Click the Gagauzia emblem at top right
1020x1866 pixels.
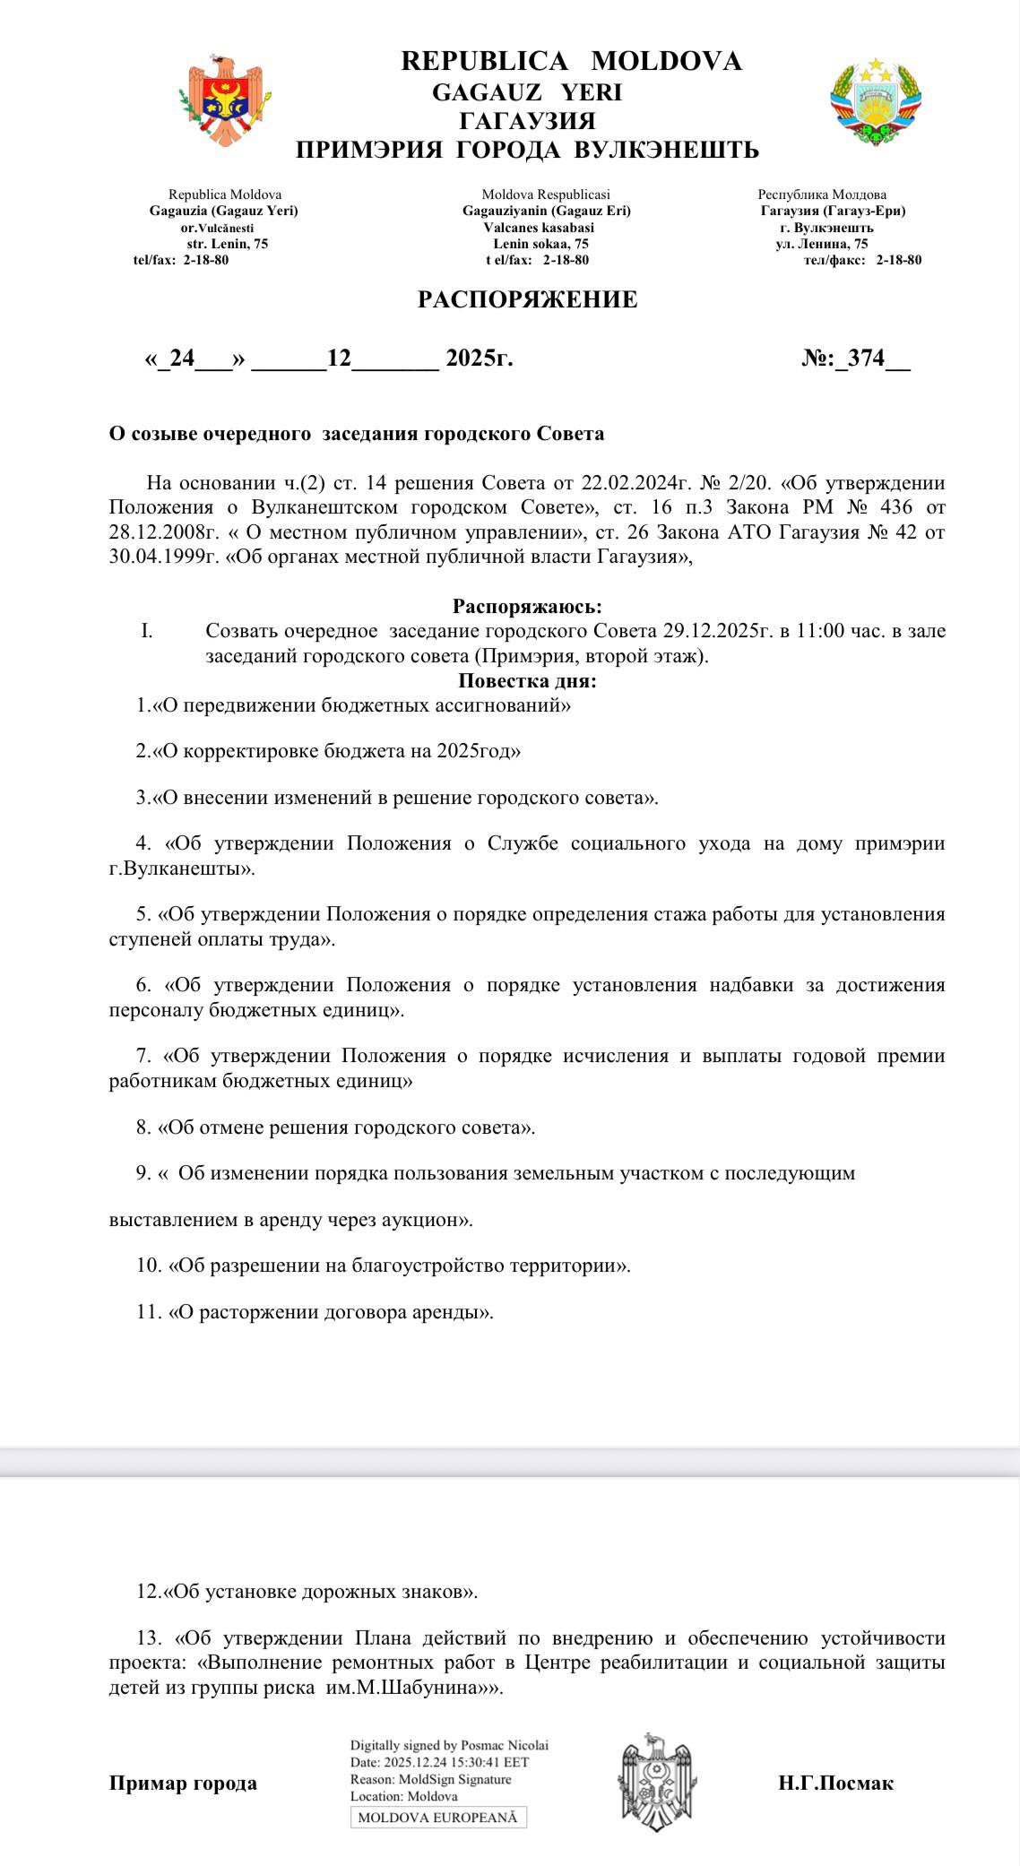(x=876, y=101)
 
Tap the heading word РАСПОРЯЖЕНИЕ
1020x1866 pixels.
(x=527, y=299)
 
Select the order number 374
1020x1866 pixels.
(x=866, y=359)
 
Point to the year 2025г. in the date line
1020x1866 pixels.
(x=480, y=359)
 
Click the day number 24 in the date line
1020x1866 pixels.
(x=182, y=359)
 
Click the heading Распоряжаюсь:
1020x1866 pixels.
(x=527, y=607)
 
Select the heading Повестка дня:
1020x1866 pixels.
(x=527, y=681)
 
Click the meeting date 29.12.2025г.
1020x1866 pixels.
(x=717, y=631)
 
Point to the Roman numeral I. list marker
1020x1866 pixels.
(x=146, y=631)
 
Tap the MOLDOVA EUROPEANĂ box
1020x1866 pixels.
(x=438, y=1818)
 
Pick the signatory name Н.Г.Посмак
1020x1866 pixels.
(x=835, y=1783)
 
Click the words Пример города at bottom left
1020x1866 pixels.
(x=183, y=1783)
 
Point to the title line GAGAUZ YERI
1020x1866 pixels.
(x=527, y=92)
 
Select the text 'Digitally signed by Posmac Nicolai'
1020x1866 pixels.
(x=449, y=1745)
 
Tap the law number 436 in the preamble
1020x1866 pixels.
(x=893, y=507)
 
